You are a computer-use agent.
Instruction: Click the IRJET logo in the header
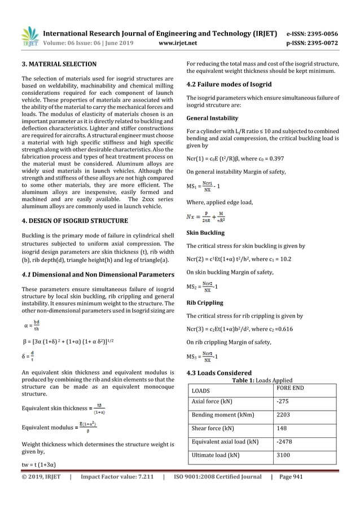coord(28,36)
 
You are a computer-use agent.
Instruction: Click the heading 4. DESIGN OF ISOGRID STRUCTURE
coord(82,221)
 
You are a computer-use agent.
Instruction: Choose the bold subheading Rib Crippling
coord(204,302)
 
